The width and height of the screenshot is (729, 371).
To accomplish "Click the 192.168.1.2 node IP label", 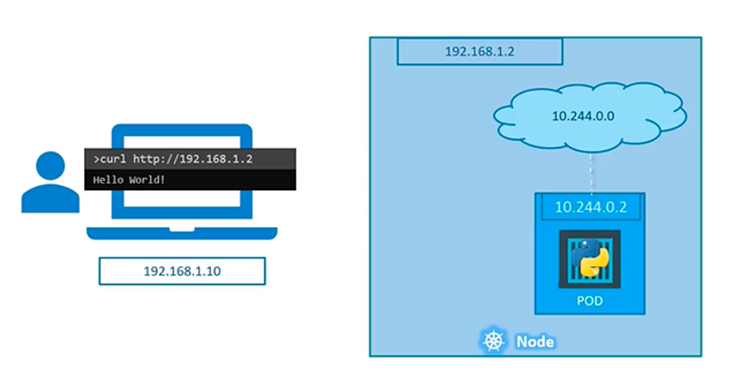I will click(x=479, y=52).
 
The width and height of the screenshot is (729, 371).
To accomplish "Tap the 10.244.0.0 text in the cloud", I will click(x=583, y=116).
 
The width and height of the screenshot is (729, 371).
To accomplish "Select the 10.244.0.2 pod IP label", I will click(x=590, y=207).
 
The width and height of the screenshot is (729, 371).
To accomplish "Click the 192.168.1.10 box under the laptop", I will click(x=182, y=271).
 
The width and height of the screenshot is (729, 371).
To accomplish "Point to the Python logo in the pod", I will click(x=590, y=258).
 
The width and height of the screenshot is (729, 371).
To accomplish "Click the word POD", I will click(x=590, y=301).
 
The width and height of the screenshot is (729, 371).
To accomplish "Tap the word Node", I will click(x=535, y=342).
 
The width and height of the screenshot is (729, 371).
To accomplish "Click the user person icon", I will click(x=51, y=184).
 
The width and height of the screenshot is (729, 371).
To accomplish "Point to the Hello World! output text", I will click(x=129, y=180).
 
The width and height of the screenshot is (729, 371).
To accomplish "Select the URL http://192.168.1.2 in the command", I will click(x=193, y=159).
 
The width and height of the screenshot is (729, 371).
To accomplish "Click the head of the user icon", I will click(x=51, y=167).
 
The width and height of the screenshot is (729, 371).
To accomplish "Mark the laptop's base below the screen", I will click(x=182, y=233).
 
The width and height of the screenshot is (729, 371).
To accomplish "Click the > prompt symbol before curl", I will click(x=96, y=159).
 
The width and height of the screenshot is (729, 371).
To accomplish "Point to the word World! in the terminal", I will click(x=146, y=180).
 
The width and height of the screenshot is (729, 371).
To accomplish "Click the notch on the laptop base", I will click(x=182, y=229).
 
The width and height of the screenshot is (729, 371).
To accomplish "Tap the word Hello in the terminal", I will click(x=108, y=180).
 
